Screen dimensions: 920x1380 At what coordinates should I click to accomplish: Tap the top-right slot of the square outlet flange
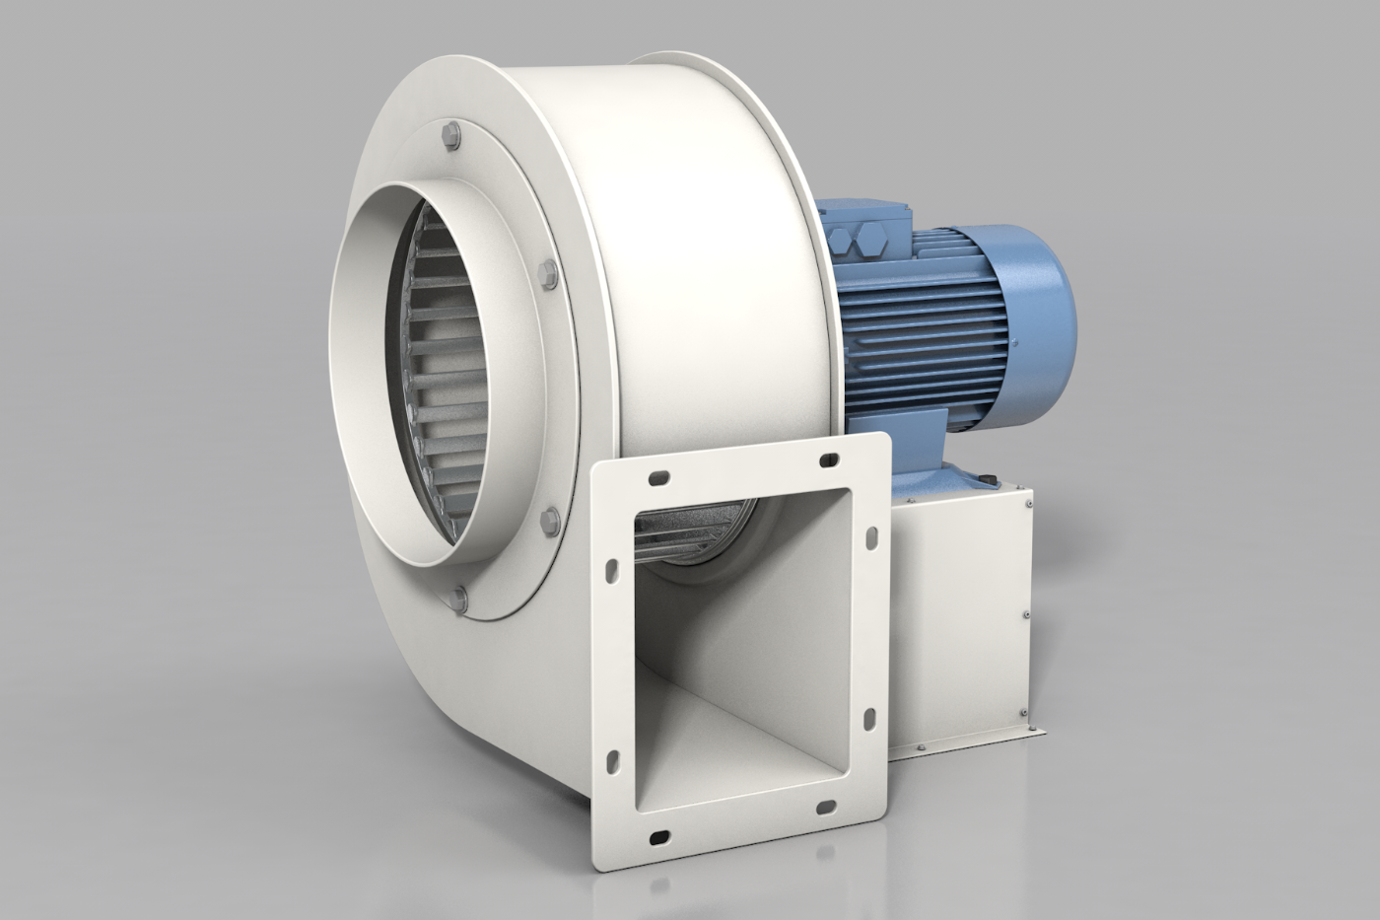(826, 458)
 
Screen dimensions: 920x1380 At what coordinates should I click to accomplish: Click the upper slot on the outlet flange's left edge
(612, 570)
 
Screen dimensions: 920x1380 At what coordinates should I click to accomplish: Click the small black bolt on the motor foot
(987, 480)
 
